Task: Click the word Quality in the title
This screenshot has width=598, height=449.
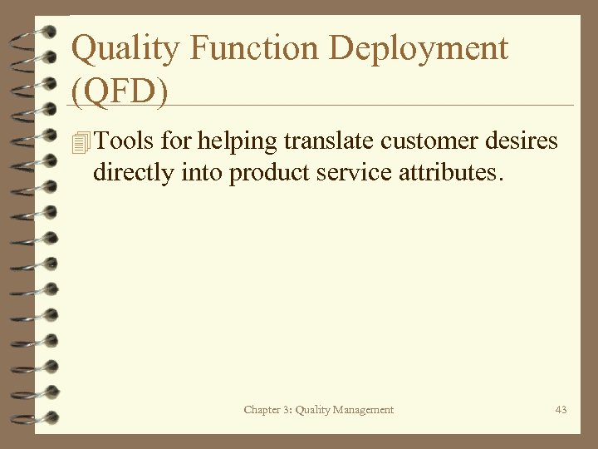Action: [125, 49]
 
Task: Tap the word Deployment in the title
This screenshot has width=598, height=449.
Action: [418, 49]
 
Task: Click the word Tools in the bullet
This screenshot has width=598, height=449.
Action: [125, 141]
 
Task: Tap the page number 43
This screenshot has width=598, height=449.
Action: [561, 409]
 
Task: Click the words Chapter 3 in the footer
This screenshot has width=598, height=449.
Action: [264, 409]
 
